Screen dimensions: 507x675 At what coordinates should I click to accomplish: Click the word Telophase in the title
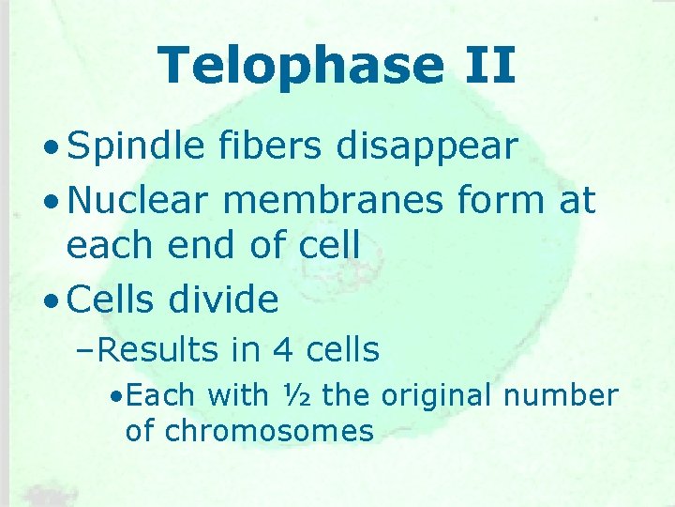coord(298,66)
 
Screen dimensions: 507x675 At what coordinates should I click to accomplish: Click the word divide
coord(225,300)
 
